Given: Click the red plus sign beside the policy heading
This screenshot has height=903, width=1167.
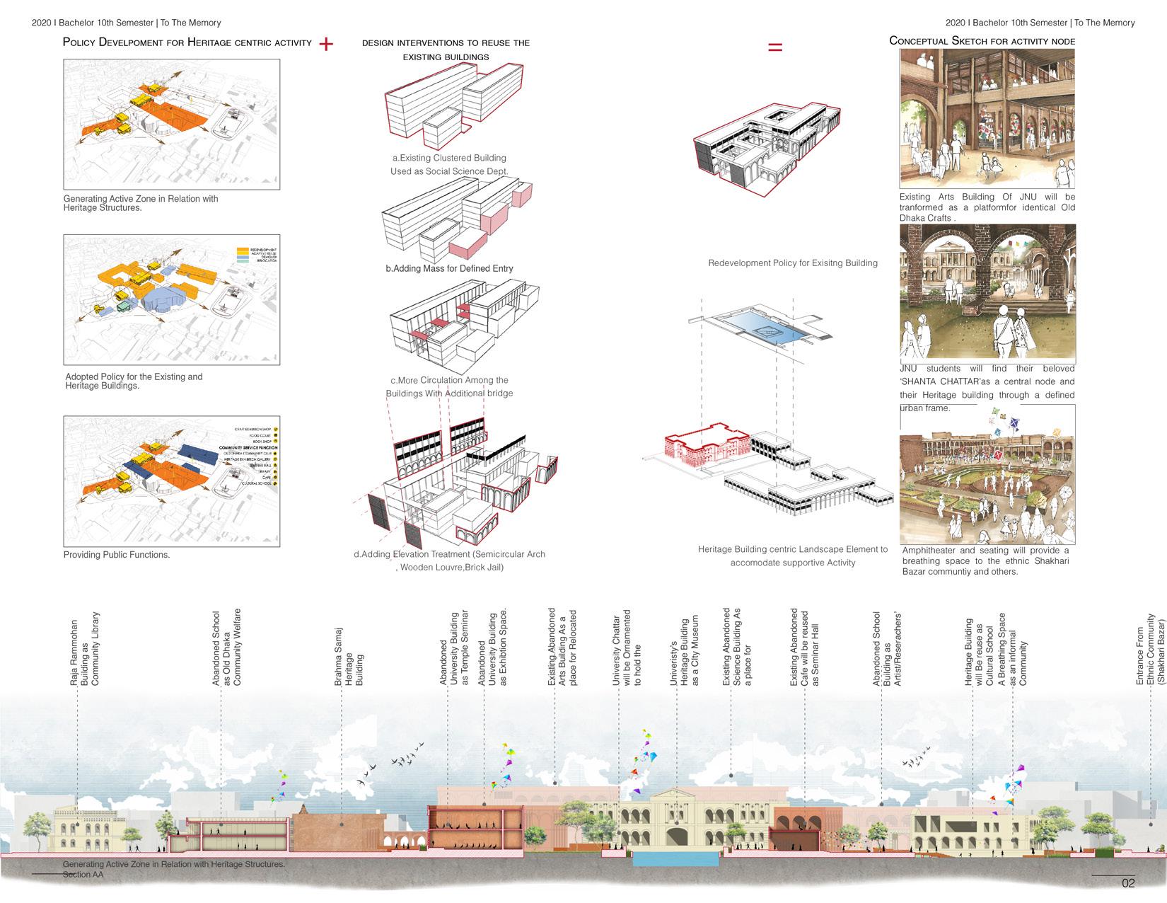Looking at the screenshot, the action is point(326,44).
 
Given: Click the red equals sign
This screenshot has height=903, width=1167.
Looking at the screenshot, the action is point(775,47).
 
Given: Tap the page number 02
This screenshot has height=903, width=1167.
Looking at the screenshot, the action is point(1127,883).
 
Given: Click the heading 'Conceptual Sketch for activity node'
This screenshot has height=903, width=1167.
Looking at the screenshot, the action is point(982,41).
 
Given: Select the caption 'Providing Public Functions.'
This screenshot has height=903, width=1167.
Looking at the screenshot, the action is point(117,555).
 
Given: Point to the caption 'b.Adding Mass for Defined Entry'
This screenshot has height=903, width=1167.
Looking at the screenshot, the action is point(449,269).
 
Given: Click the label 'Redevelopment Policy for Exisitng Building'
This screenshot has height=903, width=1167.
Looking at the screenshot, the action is point(793,263).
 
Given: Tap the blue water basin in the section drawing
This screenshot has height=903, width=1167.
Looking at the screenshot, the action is point(675,859).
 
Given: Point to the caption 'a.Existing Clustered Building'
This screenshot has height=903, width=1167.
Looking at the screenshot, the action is point(449,158).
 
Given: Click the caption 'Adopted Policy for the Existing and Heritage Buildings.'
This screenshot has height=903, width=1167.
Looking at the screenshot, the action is point(134,381).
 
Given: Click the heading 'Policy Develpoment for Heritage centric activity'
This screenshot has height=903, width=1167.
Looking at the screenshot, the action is point(187,42).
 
